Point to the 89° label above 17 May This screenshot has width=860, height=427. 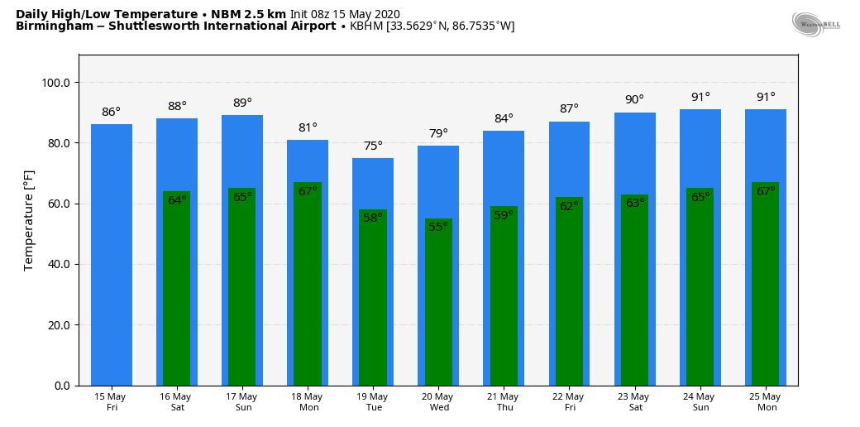point(242,103)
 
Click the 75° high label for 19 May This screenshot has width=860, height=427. point(373,146)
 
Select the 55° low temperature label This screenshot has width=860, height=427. point(438,228)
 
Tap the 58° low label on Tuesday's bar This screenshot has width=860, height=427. point(373,218)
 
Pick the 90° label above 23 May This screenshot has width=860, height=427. point(634,100)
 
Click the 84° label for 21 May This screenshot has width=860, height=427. point(504,118)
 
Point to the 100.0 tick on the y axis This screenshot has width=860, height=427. point(56,83)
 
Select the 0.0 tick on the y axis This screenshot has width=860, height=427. point(63,386)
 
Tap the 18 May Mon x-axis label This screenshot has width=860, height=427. point(308,402)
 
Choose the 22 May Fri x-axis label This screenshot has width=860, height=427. point(569,402)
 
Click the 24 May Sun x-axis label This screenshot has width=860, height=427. point(700,402)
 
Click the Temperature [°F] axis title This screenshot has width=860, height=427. point(29,220)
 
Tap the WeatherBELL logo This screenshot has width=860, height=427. point(815,24)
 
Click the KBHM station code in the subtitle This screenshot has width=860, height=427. point(366,26)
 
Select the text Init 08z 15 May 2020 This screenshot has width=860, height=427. point(345,14)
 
